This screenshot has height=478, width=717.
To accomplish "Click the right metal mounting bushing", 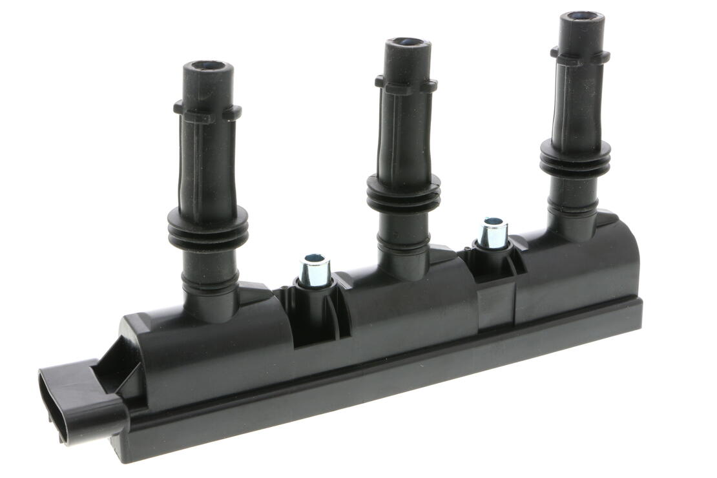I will click(494, 233).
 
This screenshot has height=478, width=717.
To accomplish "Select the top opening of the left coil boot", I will click(207, 66).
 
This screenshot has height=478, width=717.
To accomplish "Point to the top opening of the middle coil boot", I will click(408, 43).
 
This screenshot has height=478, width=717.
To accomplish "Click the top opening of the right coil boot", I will click(581, 16).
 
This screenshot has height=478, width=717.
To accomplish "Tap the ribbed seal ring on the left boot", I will click(207, 228).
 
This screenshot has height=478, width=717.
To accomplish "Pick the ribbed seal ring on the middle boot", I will click(404, 193).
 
